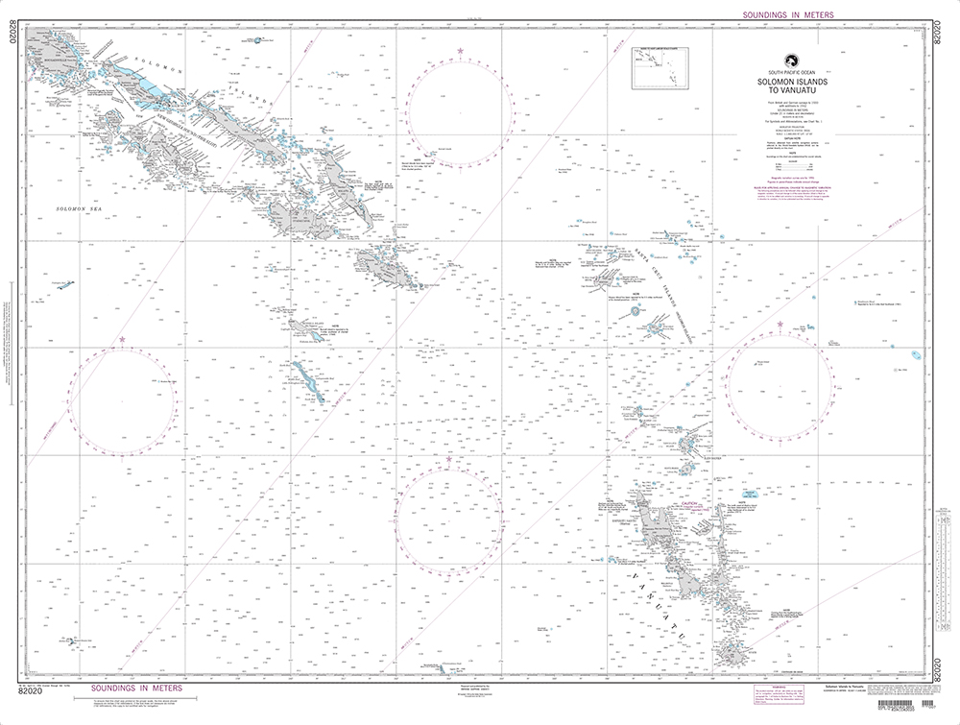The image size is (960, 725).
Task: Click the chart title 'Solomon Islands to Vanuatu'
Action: click(792, 88)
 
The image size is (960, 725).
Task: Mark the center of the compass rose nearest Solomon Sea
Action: click(122, 396)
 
